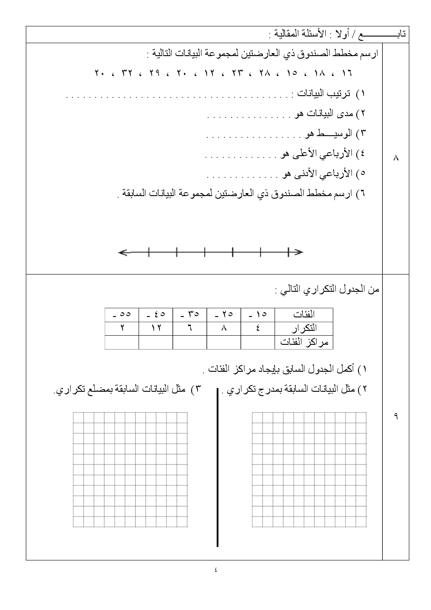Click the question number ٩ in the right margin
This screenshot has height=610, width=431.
tap(396, 416)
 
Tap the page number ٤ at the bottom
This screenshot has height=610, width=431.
tap(216, 570)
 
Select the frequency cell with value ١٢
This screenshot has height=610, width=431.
tap(156, 328)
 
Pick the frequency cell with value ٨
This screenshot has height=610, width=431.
tap(224, 328)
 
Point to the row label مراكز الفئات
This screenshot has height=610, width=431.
tap(304, 342)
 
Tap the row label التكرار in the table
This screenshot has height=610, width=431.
tap(304, 328)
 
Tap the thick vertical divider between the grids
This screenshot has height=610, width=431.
tap(217, 467)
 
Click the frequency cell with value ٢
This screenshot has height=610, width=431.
tap(122, 328)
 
